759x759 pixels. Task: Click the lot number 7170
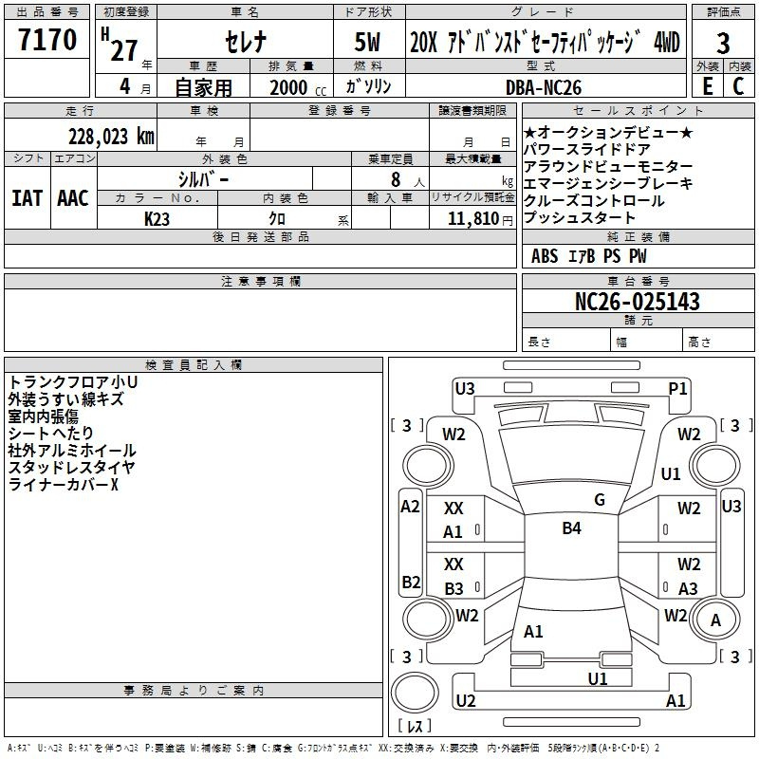(x=47, y=42)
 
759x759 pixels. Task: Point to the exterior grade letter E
(x=707, y=85)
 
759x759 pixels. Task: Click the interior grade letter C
(x=738, y=85)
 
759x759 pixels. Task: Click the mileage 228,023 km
(x=110, y=136)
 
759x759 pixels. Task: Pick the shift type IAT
(x=26, y=198)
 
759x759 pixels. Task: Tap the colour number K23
(x=157, y=218)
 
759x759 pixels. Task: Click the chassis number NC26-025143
(x=638, y=302)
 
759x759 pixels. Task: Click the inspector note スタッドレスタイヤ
(x=71, y=468)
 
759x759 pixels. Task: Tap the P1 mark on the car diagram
(x=677, y=388)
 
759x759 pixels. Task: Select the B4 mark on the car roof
(x=571, y=528)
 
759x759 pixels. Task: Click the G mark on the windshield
(x=599, y=500)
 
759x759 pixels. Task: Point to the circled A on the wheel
(x=715, y=620)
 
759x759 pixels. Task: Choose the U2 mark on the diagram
(x=465, y=700)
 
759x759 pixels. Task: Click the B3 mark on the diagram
(x=454, y=588)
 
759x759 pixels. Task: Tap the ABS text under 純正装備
(x=545, y=256)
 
